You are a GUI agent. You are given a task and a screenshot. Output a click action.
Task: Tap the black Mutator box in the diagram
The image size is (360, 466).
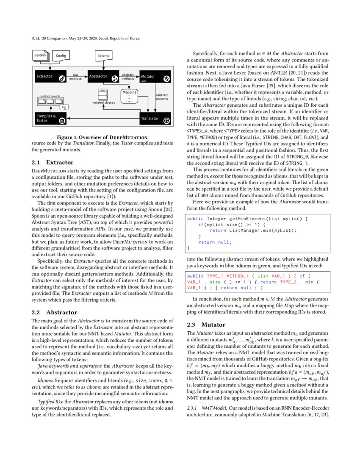pyautogui.click(x=155, y=77)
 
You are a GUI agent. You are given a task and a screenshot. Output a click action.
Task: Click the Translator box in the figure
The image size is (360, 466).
pyautogui.click(x=155, y=119)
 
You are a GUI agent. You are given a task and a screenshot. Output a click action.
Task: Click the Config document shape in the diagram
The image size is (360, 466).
pyautogui.click(x=61, y=55)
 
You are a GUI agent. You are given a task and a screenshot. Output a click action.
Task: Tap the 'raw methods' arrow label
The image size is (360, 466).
pyautogui.click(x=76, y=76)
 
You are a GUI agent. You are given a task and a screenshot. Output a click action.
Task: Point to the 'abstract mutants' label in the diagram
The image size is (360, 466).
pyautogui.click(x=162, y=97)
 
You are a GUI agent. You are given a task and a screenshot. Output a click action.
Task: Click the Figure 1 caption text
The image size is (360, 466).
pyautogui.click(x=102, y=137)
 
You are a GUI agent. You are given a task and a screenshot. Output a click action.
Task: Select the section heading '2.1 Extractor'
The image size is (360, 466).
pyautogui.click(x=53, y=162)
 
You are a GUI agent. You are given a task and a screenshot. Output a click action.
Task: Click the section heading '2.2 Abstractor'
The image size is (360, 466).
pyautogui.click(x=53, y=312)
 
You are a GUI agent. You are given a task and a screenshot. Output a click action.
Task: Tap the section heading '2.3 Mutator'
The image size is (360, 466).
pyautogui.click(x=205, y=325)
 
